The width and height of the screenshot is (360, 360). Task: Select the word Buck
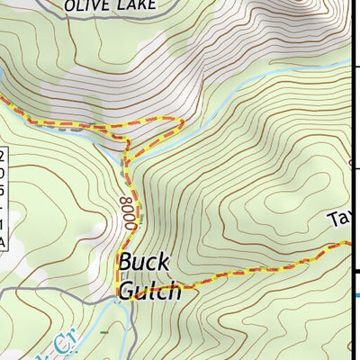point(144,264)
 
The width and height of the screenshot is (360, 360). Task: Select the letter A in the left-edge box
point(3,241)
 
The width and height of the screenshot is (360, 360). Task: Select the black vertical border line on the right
point(349,135)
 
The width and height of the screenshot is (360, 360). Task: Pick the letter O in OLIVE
point(69,4)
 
